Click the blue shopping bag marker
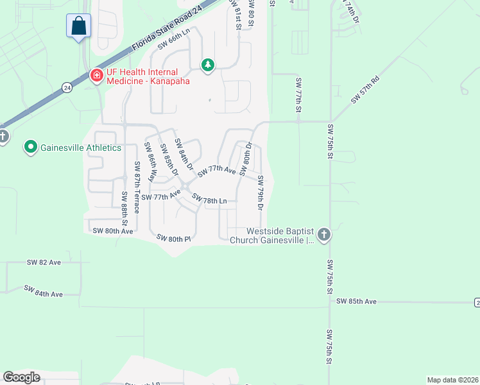pyautogui.click(x=78, y=26)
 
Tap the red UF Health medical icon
pyautogui.click(x=97, y=76)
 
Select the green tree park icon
pyautogui.click(x=208, y=64)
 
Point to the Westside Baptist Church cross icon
pyautogui.click(x=323, y=235)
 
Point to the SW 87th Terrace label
pyautogui.click(x=137, y=187)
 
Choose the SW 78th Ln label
pyautogui.click(x=210, y=201)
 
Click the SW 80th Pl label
pyautogui.click(x=175, y=238)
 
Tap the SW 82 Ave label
pyautogui.click(x=44, y=262)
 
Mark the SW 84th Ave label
pyautogui.click(x=44, y=291)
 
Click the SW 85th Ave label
pyautogui.click(x=356, y=301)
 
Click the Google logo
pyautogui.click(x=21, y=377)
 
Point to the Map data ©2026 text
pyautogui.click(x=452, y=380)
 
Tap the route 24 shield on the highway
pyautogui.click(x=67, y=87)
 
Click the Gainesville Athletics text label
pyautogui.click(x=81, y=148)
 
